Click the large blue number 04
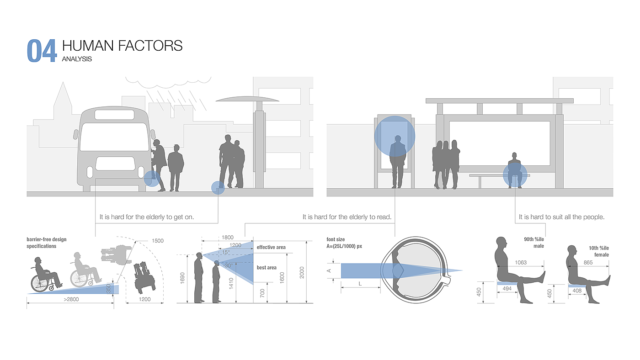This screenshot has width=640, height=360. pyautogui.click(x=42, y=51)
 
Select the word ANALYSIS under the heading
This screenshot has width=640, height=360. pyautogui.click(x=77, y=59)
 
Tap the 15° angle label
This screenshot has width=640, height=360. pyautogui.click(x=226, y=252)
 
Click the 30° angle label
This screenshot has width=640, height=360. pyautogui.click(x=228, y=265)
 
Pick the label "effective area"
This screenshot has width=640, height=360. pyautogui.click(x=271, y=247)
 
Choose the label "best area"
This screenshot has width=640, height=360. pyautogui.click(x=266, y=268)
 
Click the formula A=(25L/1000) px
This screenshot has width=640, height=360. pyautogui.click(x=344, y=246)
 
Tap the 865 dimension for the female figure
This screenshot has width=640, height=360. pyautogui.click(x=588, y=263)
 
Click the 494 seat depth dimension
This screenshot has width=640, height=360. pyautogui.click(x=507, y=289)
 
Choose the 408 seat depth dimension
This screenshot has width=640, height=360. pyautogui.click(x=577, y=291)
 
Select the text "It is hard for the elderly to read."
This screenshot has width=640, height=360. pyautogui.click(x=347, y=217)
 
